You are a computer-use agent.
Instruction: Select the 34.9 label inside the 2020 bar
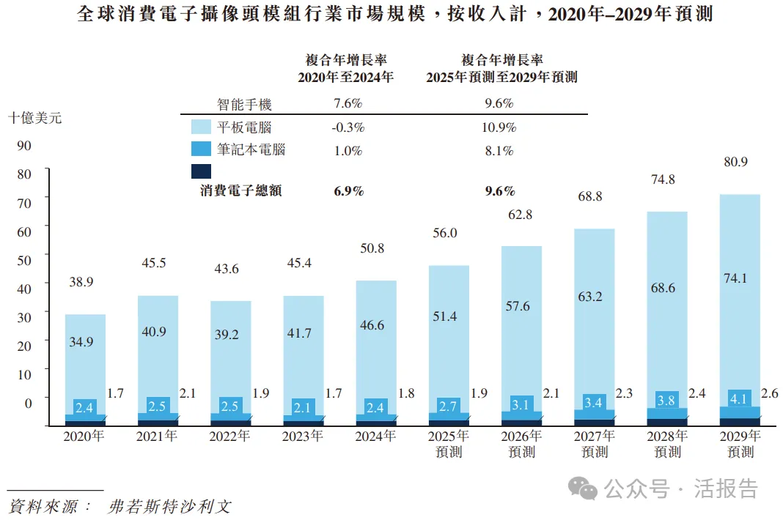tap(85, 343)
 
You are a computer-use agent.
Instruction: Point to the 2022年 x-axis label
tap(229, 437)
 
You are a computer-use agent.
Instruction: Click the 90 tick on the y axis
tap(23, 146)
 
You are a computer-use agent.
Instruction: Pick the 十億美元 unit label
tap(34, 118)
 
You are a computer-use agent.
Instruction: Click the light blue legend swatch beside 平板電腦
tap(201, 127)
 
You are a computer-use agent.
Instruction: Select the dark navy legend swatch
tap(201, 171)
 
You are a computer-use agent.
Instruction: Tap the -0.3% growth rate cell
tap(348, 127)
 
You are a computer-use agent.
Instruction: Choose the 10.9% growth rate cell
tap(499, 127)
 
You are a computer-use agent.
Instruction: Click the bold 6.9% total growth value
tap(348, 191)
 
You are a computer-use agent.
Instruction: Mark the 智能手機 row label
tap(244, 105)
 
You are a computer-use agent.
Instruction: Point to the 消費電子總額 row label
tap(241, 191)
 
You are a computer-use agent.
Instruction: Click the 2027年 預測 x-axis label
tap(595, 444)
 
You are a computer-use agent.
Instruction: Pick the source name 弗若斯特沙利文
tap(169, 506)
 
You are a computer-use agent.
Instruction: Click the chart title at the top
tap(394, 15)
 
